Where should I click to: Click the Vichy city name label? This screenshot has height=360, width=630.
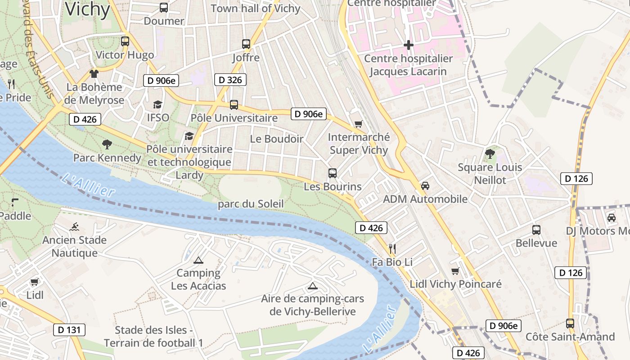pos(87,9)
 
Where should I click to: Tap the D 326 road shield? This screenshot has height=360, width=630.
pos(230,80)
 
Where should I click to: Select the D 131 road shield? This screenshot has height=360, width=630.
pos(69,330)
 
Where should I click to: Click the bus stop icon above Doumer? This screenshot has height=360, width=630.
pos(164,8)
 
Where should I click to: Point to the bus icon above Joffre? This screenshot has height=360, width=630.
pos(246,44)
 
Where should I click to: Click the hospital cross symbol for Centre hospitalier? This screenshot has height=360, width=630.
pos(409,45)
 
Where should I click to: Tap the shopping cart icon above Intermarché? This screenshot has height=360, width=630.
pos(358,124)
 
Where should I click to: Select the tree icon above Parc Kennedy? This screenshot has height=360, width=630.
pos(107,144)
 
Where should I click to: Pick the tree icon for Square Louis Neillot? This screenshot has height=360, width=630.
pos(490,154)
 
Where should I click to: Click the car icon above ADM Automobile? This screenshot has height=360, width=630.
pos(425,185)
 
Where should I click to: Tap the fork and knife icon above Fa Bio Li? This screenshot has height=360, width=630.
pos(392,248)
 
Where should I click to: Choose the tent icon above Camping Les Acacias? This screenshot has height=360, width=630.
pos(198,260)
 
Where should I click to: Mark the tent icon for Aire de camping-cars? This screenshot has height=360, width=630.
pos(312,285)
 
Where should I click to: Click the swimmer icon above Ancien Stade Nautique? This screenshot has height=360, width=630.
pos(74,227)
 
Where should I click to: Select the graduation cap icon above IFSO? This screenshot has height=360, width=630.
pos(157,104)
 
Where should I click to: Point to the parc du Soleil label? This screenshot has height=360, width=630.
pos(251,204)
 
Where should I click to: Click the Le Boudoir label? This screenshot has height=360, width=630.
pos(276,139)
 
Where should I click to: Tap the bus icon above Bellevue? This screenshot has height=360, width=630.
pos(536,230)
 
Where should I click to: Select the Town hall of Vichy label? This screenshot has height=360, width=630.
pos(255,9)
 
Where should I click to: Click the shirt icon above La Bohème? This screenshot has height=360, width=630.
pos(94,74)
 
